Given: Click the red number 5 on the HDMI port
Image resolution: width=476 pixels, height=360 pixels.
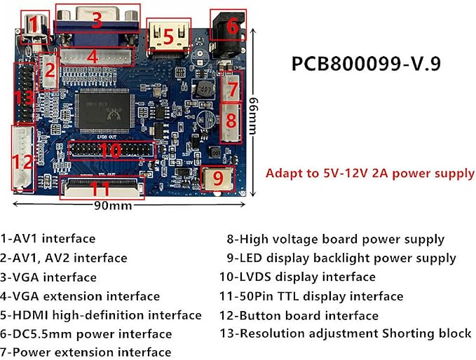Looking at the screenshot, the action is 168,36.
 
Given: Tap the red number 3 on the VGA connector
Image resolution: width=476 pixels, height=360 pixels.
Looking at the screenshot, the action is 97,20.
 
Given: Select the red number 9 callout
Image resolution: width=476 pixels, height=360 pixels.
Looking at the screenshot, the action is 218,179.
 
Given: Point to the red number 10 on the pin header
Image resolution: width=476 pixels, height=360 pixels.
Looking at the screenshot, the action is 111,151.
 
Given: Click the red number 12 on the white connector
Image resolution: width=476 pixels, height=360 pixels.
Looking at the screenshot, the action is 23,162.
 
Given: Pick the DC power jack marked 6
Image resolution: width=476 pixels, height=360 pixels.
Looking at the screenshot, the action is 229,34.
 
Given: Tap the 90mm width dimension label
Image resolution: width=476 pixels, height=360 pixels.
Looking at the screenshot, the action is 113,206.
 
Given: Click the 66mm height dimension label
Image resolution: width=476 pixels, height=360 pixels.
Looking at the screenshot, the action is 252,116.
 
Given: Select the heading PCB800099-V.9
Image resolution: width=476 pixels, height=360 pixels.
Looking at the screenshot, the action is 366,64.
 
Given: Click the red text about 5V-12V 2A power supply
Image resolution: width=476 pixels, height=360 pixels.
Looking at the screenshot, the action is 369,174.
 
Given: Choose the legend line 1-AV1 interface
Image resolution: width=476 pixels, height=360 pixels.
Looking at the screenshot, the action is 48,238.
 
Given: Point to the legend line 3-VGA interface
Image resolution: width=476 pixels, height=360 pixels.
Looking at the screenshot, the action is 48,277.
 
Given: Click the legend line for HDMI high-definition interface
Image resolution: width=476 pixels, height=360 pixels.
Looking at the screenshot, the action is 101,315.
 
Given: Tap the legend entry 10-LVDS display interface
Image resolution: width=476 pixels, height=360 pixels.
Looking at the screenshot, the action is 297,277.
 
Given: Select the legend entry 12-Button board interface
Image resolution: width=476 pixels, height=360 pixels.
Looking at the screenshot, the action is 299,316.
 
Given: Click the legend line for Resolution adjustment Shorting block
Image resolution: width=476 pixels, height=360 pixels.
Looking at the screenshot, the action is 346,333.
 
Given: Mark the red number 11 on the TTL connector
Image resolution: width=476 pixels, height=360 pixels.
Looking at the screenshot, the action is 100,188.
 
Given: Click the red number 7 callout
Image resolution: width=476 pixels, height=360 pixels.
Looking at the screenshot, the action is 232,89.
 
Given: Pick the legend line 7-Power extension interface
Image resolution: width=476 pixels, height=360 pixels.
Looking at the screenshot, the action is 86,352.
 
